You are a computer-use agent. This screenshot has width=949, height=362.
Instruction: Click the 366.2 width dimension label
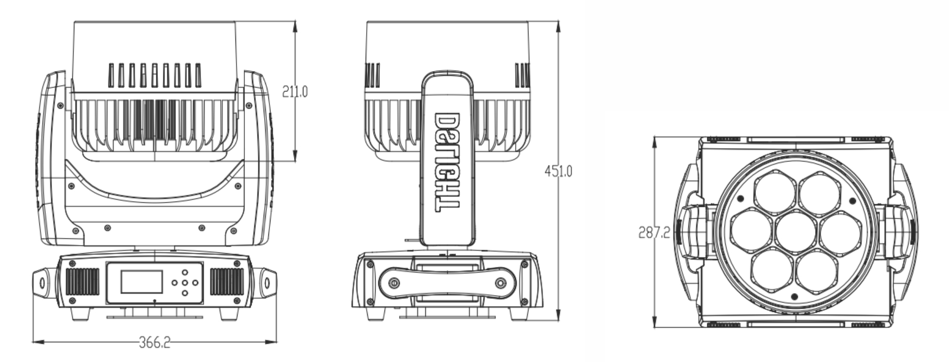[154, 343]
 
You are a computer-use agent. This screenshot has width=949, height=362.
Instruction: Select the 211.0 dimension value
[295, 92]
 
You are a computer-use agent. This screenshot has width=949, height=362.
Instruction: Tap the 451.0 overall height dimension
[558, 171]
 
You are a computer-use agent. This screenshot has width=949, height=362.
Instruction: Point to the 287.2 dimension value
[654, 232]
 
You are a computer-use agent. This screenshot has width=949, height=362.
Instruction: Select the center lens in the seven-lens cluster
[794, 233]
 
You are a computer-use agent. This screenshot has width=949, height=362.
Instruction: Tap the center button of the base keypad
[185, 283]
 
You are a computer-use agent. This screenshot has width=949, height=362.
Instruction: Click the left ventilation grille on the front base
[82, 282]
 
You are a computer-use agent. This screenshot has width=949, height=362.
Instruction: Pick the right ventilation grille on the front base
[227, 282]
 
